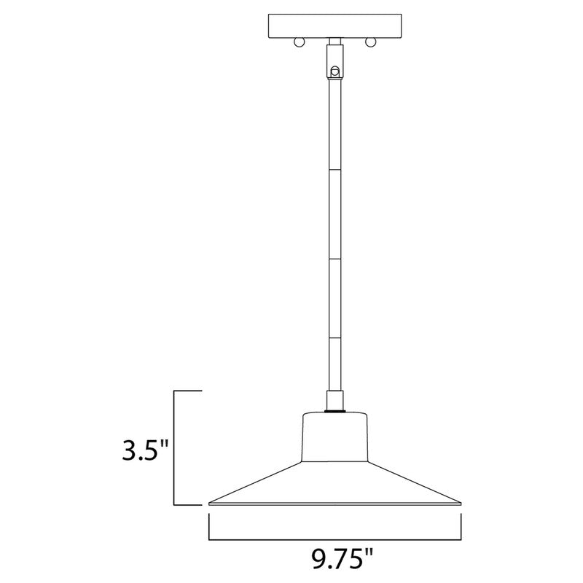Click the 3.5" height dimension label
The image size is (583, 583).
pos(145,447)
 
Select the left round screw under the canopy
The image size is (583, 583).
pos(299,44)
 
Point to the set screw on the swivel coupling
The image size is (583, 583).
pos(335,71)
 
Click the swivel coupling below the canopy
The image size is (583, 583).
pos(335,62)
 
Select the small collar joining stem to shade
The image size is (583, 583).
pos(335,400)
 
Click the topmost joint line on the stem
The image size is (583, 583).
pos(335,169)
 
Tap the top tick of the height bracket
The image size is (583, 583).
pos(187,392)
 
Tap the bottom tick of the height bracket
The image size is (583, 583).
pos(187,505)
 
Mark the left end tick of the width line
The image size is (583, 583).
pos(210,526)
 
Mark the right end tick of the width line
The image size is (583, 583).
pos(462,526)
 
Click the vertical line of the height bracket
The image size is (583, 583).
pos(173,448)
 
